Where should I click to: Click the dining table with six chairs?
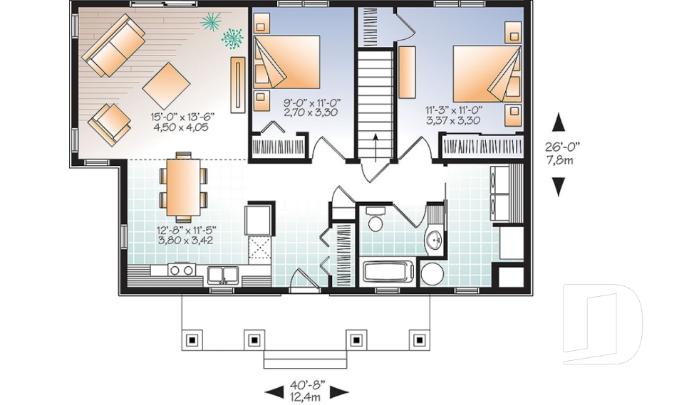pyautogui.click(x=183, y=187)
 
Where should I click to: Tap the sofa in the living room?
pyautogui.click(x=114, y=45)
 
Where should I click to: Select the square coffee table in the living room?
pyautogui.click(x=166, y=86)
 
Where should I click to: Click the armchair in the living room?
pyautogui.click(x=109, y=125)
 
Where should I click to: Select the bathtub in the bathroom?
pyautogui.click(x=388, y=270)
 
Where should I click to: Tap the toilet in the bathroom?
pyautogui.click(x=375, y=219)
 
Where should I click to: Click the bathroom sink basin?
pyautogui.click(x=435, y=240)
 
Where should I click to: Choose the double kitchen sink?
pyautogui.click(x=223, y=275)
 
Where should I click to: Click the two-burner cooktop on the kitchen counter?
pyautogui.click(x=182, y=270)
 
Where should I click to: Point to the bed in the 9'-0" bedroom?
pyautogui.click(x=286, y=61)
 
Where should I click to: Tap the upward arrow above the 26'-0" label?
pyautogui.click(x=559, y=122)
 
